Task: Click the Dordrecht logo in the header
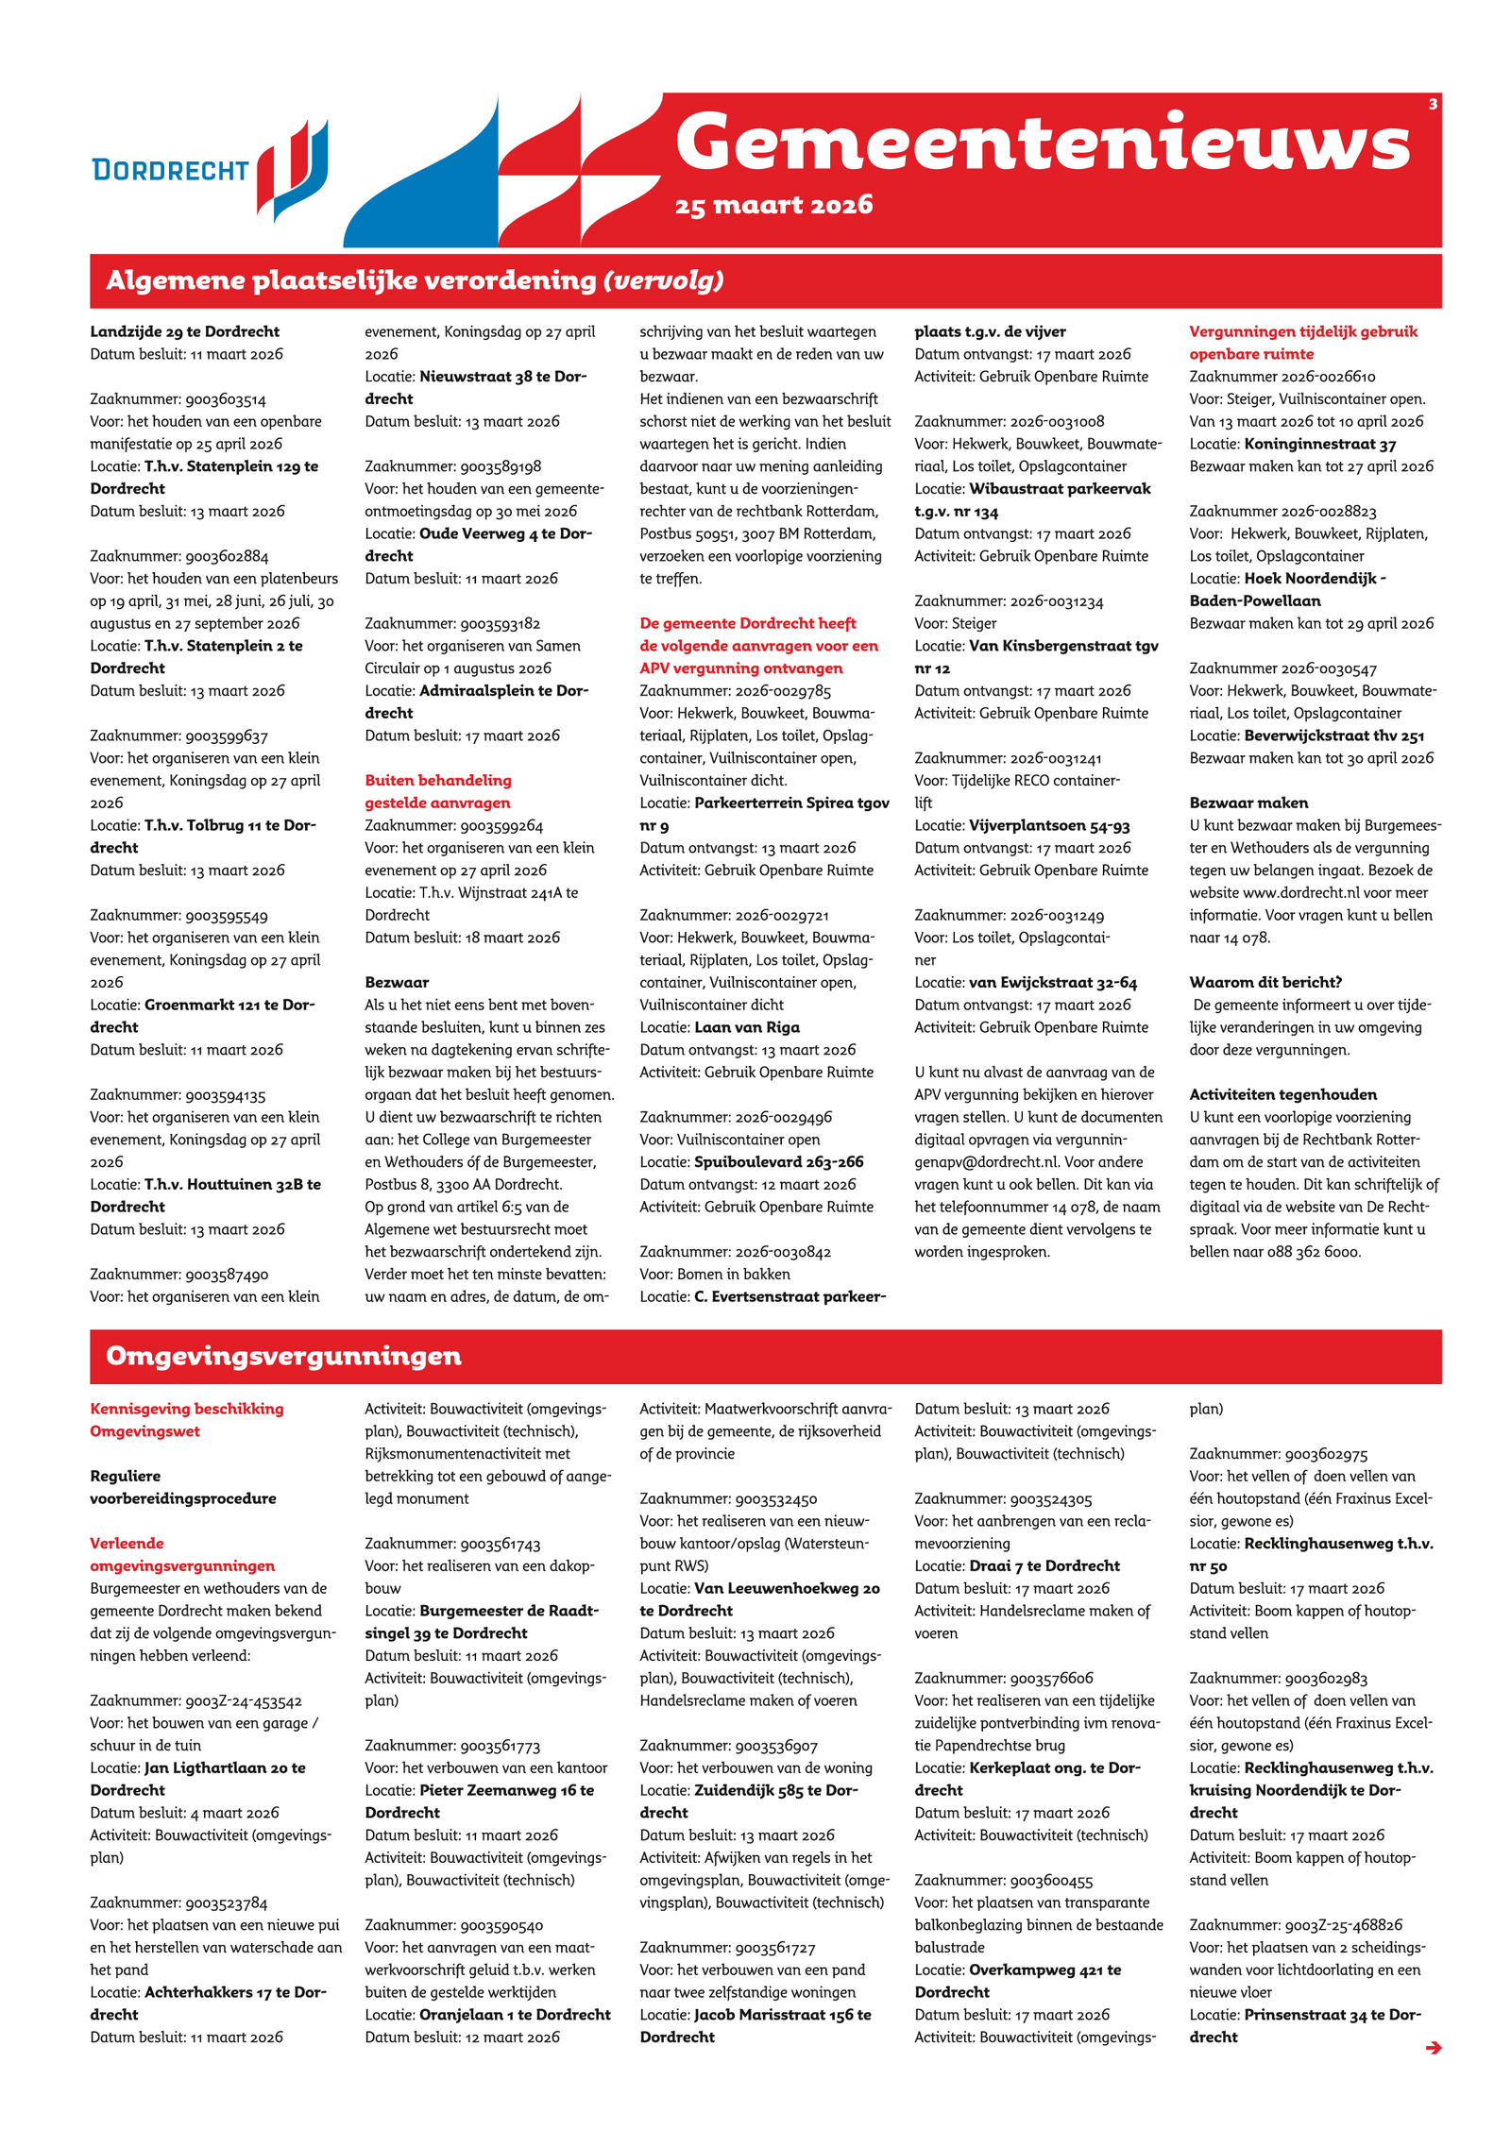[210, 170]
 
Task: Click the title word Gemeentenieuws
[1042, 144]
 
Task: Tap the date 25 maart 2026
[773, 205]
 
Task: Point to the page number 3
[1433, 104]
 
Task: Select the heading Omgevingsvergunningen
[283, 1356]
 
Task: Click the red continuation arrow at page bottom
[1433, 2047]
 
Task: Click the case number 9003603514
[226, 399]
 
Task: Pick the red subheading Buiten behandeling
[438, 781]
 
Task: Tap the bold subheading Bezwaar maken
[1248, 803]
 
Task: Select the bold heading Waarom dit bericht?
[1265, 982]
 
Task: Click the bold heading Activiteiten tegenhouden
[1282, 1094]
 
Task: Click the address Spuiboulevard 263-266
[779, 1162]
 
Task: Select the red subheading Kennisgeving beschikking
[187, 1409]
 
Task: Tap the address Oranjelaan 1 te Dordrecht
[515, 2015]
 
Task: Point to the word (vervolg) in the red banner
[664, 280]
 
